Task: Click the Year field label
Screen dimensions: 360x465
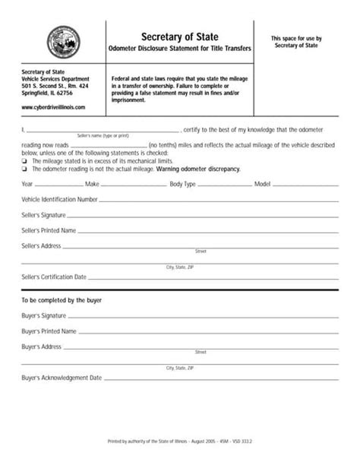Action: [x=27, y=185]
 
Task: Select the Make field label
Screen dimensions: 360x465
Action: [x=92, y=185]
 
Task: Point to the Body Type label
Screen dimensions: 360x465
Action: [x=182, y=185]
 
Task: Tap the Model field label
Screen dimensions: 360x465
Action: [x=263, y=185]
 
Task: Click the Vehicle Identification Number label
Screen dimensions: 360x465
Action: [x=59, y=199]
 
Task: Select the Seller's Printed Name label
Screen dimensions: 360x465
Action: [x=49, y=229]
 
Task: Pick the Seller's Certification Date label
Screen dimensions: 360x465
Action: [x=54, y=277]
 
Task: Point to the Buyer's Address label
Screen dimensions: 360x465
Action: [x=41, y=346]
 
